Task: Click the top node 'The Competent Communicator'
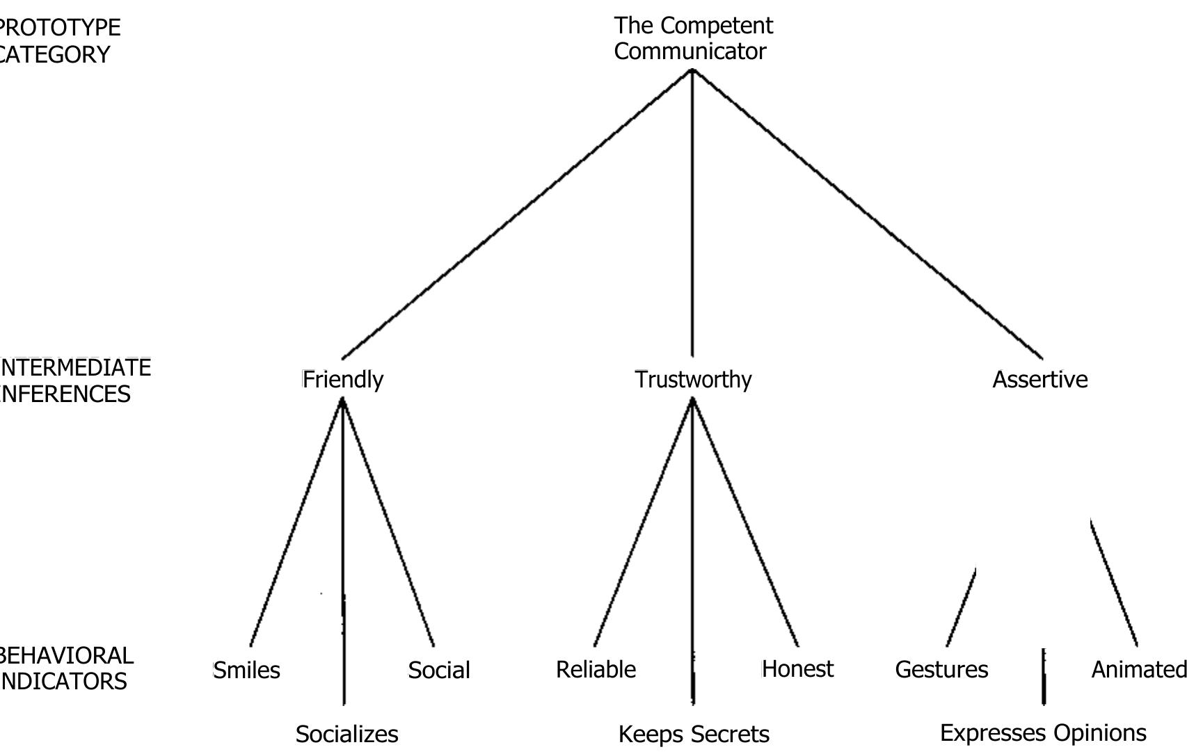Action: [693, 38]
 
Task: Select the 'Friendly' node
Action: [343, 380]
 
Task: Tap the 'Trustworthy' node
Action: [693, 380]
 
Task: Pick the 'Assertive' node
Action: [1039, 380]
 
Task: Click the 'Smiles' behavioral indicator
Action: [247, 671]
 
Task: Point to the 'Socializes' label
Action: [346, 735]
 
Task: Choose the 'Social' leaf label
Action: [439, 671]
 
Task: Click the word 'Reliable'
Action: [596, 670]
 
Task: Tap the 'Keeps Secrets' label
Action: [694, 735]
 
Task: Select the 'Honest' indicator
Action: [797, 669]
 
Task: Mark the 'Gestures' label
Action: [941, 670]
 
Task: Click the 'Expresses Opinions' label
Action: [1043, 733]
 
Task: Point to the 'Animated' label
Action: [1138, 670]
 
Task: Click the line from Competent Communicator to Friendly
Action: [517, 214]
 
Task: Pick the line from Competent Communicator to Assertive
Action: [867, 214]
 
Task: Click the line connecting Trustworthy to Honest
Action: [745, 522]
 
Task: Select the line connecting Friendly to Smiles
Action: [296, 522]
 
